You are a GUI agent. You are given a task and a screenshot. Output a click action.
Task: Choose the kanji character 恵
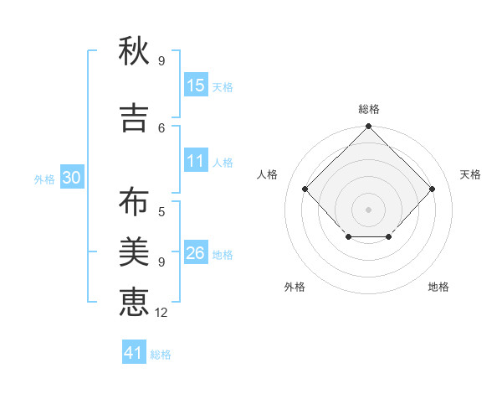(x=134, y=300)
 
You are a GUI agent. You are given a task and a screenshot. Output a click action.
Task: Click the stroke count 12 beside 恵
(x=162, y=312)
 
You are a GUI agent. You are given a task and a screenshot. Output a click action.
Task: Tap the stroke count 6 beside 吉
(x=161, y=127)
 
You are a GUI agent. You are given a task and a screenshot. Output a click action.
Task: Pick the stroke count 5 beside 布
(x=161, y=212)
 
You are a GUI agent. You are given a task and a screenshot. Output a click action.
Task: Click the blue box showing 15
(x=196, y=86)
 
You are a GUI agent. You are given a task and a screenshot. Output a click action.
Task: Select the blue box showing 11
(x=196, y=162)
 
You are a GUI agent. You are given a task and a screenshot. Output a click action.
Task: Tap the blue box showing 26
(x=196, y=253)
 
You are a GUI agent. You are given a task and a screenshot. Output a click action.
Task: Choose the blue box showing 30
(x=71, y=179)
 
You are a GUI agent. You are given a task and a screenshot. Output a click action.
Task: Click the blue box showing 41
(x=134, y=353)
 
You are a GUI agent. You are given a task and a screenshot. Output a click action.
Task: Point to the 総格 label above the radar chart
(x=368, y=109)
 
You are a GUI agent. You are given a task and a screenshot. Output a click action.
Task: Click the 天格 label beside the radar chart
(x=471, y=174)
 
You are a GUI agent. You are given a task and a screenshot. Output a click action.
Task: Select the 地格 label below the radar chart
(x=438, y=287)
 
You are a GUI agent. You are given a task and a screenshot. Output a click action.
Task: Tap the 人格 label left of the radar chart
(x=268, y=174)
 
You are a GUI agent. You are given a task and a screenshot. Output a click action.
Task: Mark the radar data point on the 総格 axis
(x=368, y=127)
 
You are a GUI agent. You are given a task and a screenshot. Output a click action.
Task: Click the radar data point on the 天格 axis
(x=432, y=189)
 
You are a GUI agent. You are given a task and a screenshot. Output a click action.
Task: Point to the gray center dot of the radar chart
(x=368, y=209)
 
